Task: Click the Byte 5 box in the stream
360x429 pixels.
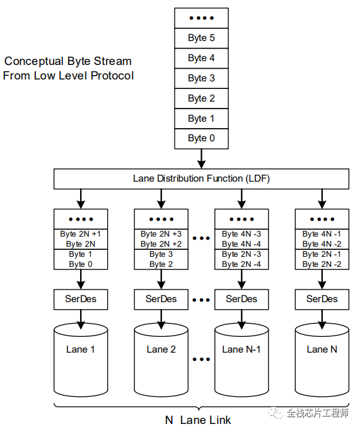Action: click(x=202, y=38)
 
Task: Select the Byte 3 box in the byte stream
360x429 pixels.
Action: click(x=202, y=78)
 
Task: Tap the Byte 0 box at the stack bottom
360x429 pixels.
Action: click(x=202, y=138)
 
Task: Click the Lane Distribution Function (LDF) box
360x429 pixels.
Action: click(x=202, y=179)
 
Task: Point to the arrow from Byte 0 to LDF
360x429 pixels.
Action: click(x=202, y=159)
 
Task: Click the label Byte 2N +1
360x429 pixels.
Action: click(x=80, y=234)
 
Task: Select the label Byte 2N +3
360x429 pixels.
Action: click(x=161, y=234)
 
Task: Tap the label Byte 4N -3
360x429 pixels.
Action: click(x=241, y=234)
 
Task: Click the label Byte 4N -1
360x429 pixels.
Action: click(x=322, y=234)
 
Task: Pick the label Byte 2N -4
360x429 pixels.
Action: click(x=241, y=264)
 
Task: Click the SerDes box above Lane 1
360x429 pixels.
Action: click(x=81, y=299)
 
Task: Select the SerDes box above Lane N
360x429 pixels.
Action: click(x=322, y=299)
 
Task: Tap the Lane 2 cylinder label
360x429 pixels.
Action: click(x=161, y=350)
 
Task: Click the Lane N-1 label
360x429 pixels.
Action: click(x=241, y=350)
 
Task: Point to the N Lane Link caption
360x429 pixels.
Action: click(x=198, y=420)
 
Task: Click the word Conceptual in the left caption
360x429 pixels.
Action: click(x=34, y=61)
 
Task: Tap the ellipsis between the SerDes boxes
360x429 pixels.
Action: click(x=201, y=300)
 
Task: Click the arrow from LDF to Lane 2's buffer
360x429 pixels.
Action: click(x=161, y=199)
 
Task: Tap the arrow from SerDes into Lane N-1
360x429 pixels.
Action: click(x=241, y=320)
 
